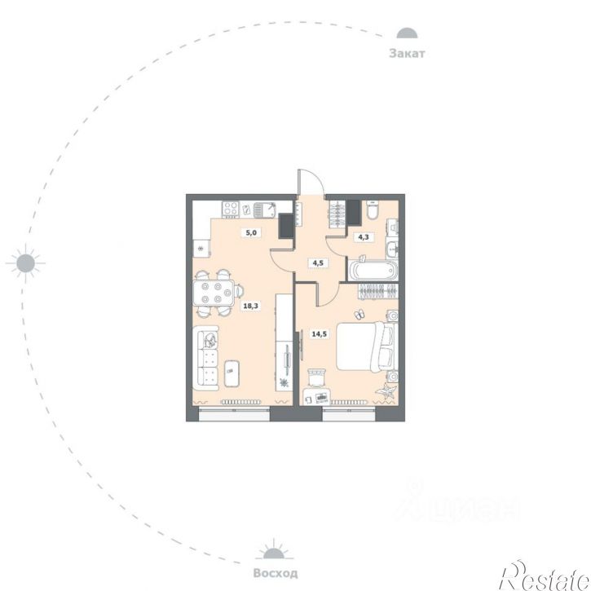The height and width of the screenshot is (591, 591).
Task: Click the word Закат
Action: click(x=407, y=54)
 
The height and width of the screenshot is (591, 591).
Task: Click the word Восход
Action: click(x=276, y=573)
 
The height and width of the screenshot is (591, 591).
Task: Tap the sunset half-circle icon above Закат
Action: click(x=407, y=33)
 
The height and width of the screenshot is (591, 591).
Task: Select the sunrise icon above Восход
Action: click(x=275, y=549)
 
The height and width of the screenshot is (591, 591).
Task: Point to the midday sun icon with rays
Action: click(x=25, y=263)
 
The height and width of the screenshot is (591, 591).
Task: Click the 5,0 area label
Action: click(x=251, y=232)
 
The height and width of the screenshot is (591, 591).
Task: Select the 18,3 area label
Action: click(x=250, y=306)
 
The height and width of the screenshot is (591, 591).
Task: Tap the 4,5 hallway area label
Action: click(x=318, y=262)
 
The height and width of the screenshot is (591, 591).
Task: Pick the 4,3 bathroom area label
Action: click(x=364, y=237)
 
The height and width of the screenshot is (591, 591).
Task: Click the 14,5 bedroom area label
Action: click(x=320, y=333)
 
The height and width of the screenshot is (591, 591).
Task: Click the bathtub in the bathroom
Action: click(x=373, y=270)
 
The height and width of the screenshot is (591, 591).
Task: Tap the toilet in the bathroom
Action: click(x=373, y=210)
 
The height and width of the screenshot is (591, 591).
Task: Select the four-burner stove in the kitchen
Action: click(x=231, y=209)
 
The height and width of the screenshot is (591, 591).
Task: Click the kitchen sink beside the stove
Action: click(x=265, y=210)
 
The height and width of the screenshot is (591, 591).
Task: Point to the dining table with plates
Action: click(x=213, y=293)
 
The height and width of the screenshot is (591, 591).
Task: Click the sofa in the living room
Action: click(x=207, y=358)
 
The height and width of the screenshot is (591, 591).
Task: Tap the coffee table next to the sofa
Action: click(x=232, y=373)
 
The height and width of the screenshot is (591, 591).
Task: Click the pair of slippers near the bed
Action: click(x=359, y=315)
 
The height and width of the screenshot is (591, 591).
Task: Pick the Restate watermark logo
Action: click(x=545, y=576)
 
